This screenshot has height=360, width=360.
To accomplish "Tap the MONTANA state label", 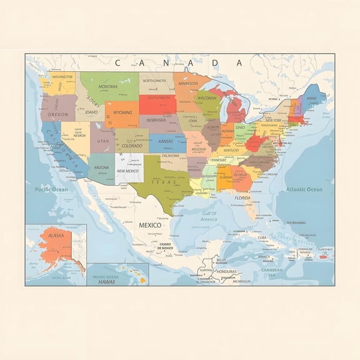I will click(107, 86).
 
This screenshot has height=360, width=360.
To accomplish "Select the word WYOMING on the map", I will click(122, 112).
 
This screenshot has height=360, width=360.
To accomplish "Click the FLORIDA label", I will click(242, 197).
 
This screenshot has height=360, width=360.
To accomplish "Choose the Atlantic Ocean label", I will click(304, 189).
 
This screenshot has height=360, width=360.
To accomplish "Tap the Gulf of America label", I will click(209, 216).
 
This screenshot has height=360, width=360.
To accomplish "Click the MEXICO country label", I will click(149, 224).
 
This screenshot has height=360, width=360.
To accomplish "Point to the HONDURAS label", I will click(226, 272).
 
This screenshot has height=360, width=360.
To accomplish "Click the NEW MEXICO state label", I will click(127, 171).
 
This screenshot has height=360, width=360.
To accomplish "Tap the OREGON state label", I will click(58, 115).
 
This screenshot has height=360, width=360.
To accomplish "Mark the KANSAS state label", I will click(165, 141).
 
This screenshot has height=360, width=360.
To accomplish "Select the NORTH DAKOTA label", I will click(154, 81).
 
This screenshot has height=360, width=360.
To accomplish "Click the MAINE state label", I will click(311, 99).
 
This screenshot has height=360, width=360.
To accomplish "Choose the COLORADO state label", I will click(131, 146).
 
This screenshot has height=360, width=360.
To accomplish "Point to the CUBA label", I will click(262, 237).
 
